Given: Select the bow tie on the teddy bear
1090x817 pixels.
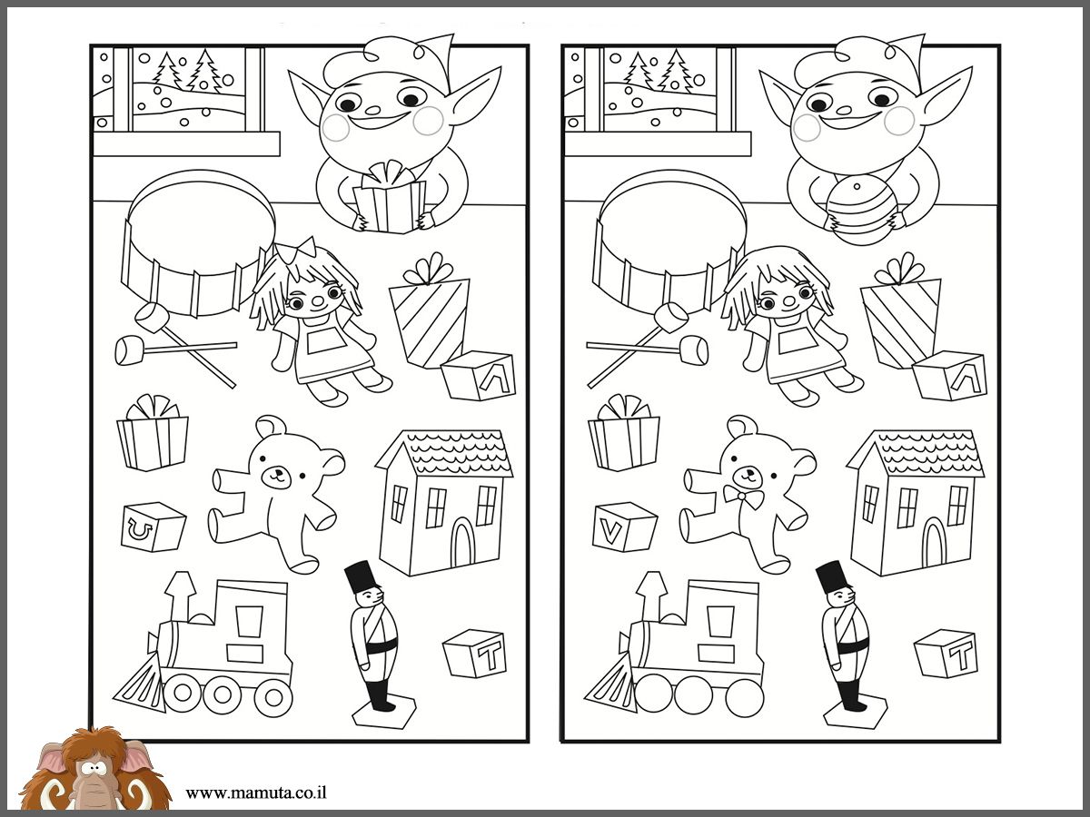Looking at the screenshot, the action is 743,497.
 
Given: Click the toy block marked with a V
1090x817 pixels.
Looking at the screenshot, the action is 625,527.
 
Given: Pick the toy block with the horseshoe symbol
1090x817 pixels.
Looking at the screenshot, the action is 154,527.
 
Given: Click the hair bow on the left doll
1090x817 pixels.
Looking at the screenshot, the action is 297,250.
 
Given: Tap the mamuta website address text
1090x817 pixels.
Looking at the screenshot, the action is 256,792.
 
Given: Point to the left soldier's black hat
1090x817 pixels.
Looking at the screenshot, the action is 359,578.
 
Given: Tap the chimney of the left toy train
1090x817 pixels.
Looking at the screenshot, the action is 180,596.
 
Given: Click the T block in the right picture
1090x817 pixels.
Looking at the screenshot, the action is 946,654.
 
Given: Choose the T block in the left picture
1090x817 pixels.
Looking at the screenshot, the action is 475,654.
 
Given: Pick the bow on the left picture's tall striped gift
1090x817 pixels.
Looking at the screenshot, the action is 429,269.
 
